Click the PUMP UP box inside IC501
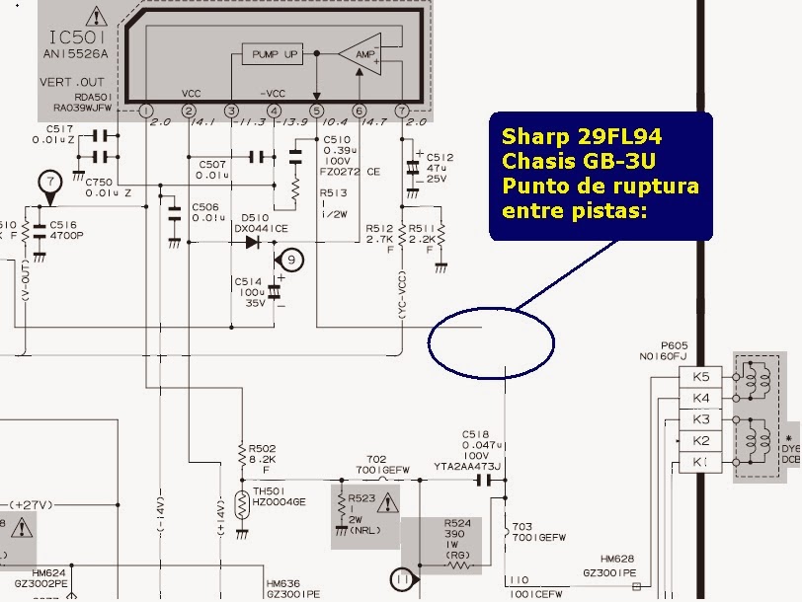(275, 54)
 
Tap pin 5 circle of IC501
(316, 111)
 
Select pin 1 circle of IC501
(145, 111)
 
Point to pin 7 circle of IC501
(401, 111)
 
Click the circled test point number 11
(401, 579)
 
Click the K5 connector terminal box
(701, 376)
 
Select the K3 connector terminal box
(701, 419)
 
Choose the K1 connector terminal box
(701, 462)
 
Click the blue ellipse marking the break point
(493, 341)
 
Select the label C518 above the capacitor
(476, 434)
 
